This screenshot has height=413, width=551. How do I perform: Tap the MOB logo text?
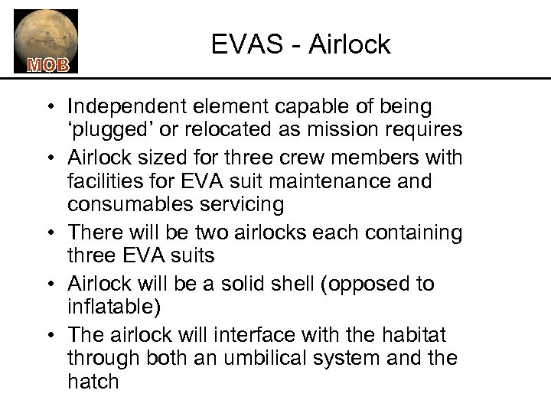click(x=47, y=63)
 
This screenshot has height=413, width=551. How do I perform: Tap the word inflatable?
click(x=110, y=307)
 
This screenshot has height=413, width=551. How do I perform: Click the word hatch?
click(x=93, y=380)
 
